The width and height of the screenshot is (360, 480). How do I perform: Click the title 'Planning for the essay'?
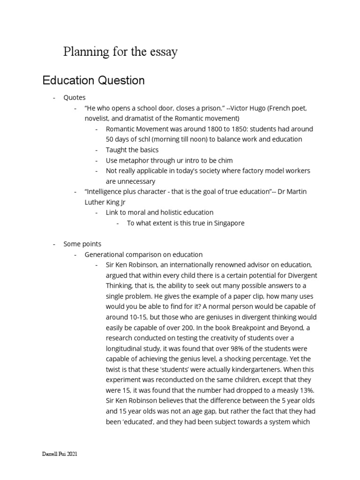(120, 52)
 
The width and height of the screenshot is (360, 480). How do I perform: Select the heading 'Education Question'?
(93, 80)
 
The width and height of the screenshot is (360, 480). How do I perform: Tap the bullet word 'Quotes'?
(75, 97)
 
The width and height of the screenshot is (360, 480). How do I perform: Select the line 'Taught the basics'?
(132, 150)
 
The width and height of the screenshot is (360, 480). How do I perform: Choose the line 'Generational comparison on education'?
(143, 255)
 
